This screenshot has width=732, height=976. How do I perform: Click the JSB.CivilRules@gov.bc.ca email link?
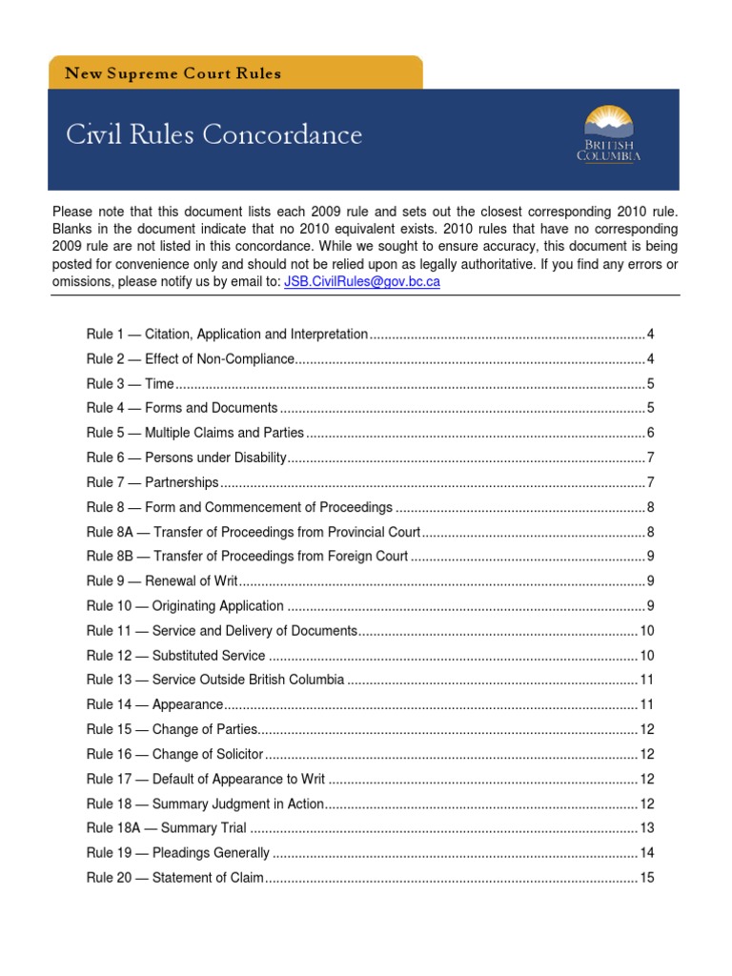(361, 282)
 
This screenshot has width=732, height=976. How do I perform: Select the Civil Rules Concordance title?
(213, 134)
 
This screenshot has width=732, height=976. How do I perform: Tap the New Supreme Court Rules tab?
(173, 73)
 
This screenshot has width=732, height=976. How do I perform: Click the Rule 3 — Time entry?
(131, 384)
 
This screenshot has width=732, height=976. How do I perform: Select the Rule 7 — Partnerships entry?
(152, 482)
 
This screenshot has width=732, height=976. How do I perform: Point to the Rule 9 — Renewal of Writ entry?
(162, 580)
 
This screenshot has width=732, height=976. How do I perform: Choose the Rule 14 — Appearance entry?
(154, 704)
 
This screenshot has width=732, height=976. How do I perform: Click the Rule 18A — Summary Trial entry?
(166, 828)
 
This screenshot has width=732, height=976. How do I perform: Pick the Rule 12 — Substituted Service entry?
(175, 655)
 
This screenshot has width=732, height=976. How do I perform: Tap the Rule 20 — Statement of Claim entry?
(175, 878)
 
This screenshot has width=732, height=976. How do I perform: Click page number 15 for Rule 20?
(647, 878)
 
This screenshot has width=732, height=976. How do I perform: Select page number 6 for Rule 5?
(650, 433)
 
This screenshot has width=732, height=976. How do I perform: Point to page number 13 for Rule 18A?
(647, 828)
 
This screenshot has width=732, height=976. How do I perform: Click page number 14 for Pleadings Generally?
(647, 853)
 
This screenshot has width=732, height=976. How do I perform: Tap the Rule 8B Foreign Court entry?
(247, 556)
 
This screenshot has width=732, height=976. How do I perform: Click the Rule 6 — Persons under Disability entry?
(186, 457)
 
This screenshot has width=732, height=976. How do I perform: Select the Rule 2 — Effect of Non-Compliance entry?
(190, 359)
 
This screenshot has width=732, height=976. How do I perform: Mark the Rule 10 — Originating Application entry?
(185, 605)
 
